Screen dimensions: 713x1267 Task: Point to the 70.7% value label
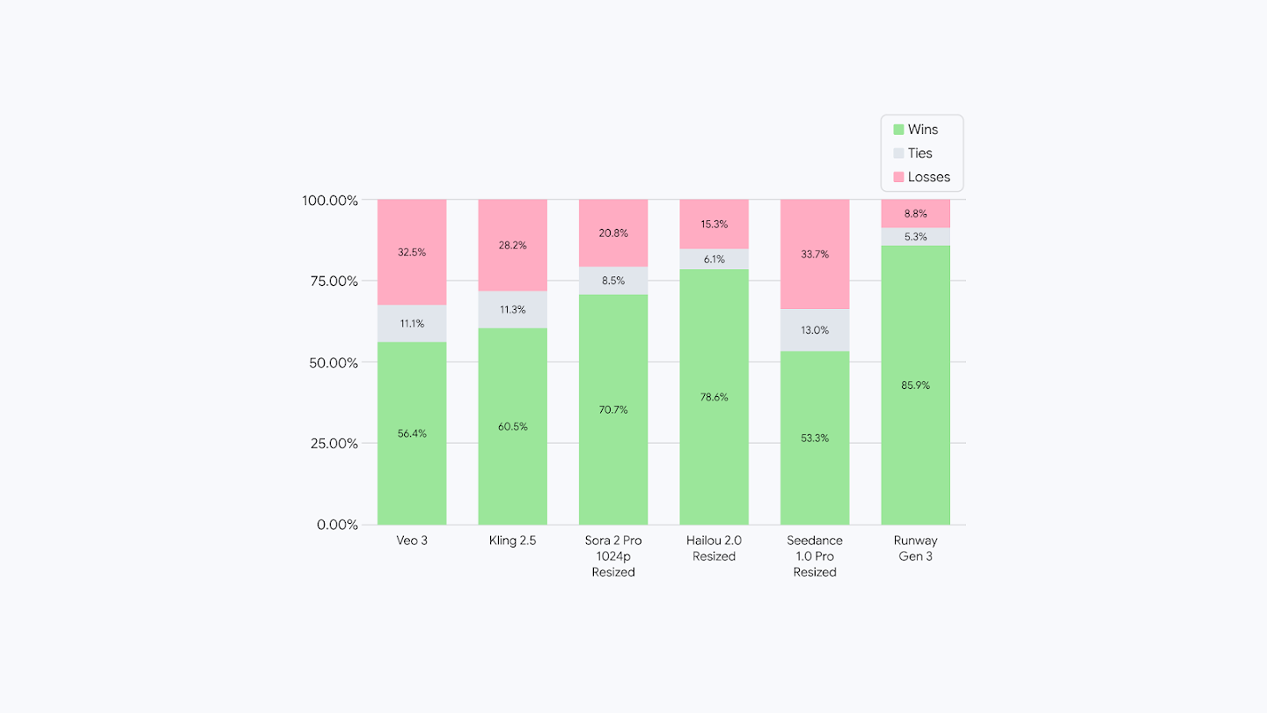(613, 409)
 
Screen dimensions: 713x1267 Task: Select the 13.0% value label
(815, 330)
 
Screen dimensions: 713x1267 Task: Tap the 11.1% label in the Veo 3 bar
(412, 323)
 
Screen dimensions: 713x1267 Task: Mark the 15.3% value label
(714, 224)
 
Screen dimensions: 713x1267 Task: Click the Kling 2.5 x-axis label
(512, 540)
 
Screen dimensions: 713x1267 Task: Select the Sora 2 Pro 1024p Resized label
(613, 556)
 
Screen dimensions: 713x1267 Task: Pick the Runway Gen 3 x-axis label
(915, 548)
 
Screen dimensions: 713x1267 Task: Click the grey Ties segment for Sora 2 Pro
(613, 281)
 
